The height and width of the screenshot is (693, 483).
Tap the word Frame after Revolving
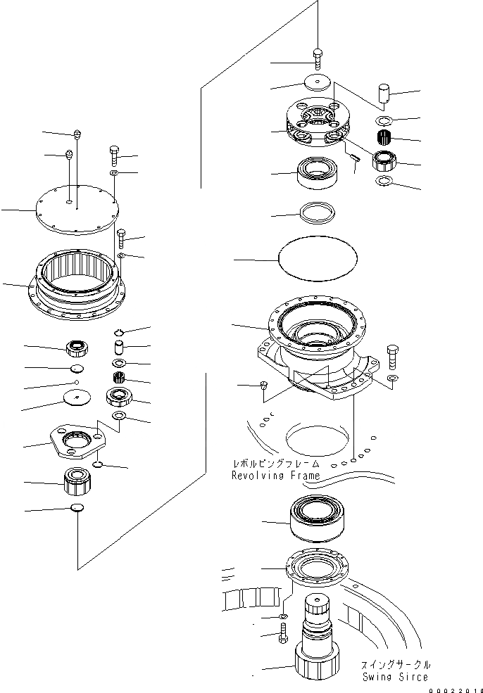pos(303,476)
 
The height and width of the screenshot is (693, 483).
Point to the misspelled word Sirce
pos(415,677)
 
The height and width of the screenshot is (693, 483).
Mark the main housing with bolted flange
pos(318,345)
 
